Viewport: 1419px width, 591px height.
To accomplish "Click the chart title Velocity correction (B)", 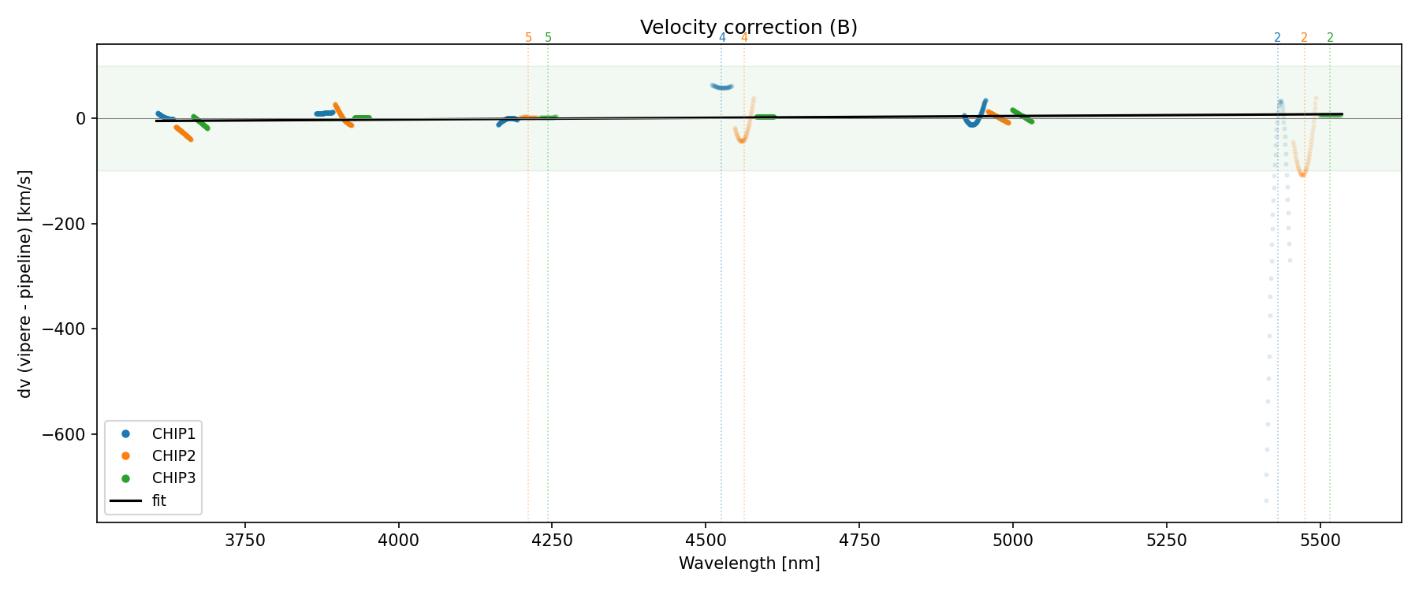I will pos(748,28).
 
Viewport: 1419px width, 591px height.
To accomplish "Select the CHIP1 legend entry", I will pos(173,434).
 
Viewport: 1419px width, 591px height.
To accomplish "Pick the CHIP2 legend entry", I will pos(173,456).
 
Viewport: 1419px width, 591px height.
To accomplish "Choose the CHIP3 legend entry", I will pos(173,478).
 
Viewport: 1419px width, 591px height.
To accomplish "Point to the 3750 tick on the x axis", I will pos(245,541).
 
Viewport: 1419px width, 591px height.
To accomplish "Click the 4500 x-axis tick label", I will pos(705,541).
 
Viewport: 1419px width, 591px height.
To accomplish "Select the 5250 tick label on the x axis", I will pos(1166,541).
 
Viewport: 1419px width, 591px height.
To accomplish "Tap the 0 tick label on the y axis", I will pos(80,118).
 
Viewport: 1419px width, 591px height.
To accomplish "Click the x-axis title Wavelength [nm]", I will pos(749,563).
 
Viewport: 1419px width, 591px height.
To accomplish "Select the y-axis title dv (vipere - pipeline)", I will pos(25,284).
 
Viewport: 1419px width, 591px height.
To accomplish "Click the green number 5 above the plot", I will pos(549,38).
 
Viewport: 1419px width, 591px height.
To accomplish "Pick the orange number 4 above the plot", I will pos(744,38).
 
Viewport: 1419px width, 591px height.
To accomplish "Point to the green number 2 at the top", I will pos(1330,38).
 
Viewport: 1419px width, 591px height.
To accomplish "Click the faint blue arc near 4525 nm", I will pos(721,86).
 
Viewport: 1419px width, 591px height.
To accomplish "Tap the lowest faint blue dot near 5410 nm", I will pos(1266,500).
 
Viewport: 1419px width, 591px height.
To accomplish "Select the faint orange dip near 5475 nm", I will pos(1302,172).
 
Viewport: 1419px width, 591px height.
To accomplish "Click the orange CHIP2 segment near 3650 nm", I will pos(183,132).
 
